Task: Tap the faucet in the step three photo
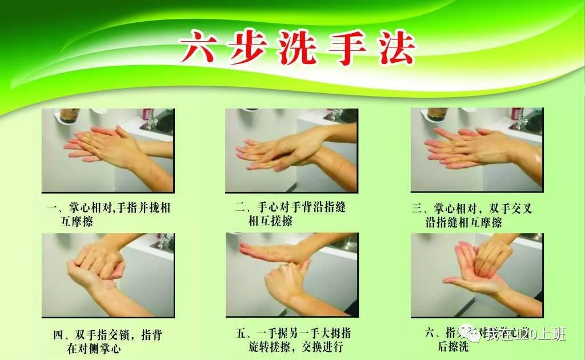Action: click(522, 119)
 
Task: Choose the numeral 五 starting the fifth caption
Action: click(241, 334)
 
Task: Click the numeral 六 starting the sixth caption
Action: click(430, 334)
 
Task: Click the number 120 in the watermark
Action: click(526, 334)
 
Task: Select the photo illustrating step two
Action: click(291, 150)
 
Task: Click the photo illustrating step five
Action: click(291, 275)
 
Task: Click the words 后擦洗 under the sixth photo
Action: click(452, 347)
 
